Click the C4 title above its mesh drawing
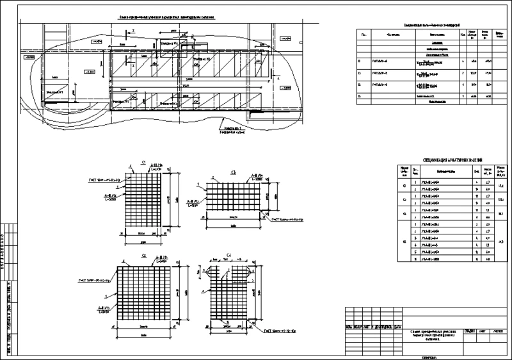[x=228, y=255]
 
